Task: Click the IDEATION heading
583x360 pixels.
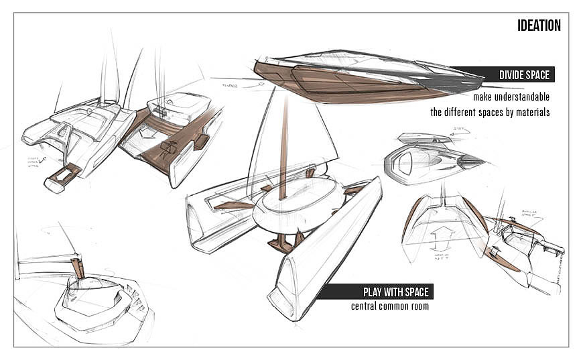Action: coord(539,26)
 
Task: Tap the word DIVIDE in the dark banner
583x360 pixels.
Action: coord(513,75)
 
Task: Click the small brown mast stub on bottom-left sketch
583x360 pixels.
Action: coord(77,268)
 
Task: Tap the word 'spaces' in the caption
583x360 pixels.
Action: coord(496,113)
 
